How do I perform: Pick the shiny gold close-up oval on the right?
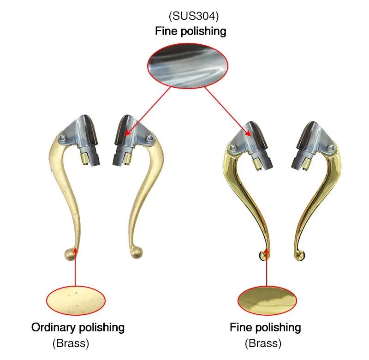click(267, 301)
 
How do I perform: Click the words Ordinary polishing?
click(78, 328)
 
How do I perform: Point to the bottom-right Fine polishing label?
click(265, 328)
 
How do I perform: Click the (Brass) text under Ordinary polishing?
click(71, 343)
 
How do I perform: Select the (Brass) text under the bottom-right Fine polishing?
click(262, 343)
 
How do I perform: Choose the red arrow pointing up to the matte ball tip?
click(75, 268)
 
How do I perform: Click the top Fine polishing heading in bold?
click(190, 31)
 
